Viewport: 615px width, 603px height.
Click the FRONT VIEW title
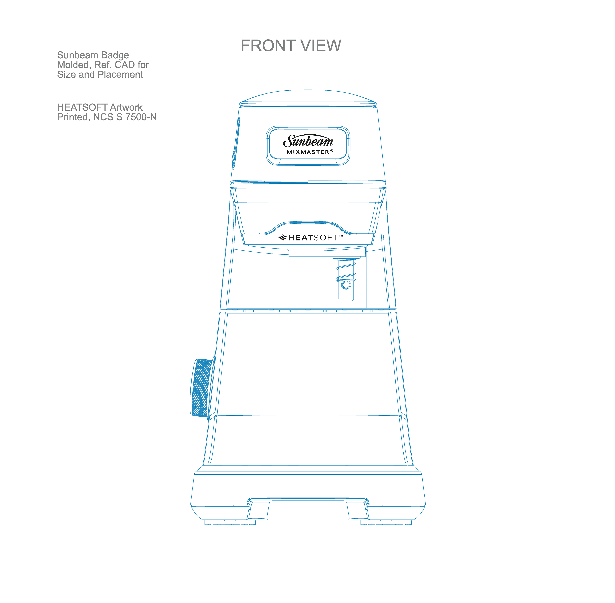(291, 46)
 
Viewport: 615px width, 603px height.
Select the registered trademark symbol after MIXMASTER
(332, 151)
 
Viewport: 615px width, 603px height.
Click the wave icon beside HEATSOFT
(282, 237)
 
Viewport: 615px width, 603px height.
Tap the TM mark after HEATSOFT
(341, 236)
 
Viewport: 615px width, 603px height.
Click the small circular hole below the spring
(346, 285)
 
